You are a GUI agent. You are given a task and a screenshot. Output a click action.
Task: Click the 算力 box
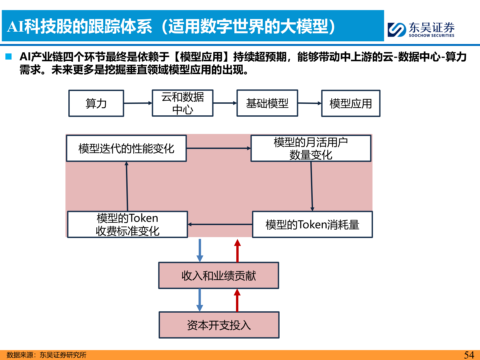coord(96,103)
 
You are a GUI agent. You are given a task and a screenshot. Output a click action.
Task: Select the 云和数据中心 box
coord(182,103)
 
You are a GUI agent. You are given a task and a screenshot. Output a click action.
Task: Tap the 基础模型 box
coord(267,103)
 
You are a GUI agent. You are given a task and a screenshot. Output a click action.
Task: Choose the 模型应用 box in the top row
coord(351,103)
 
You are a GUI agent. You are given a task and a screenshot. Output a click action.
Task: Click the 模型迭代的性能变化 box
coord(126,148)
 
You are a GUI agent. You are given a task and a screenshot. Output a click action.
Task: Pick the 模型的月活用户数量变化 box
coord(311,148)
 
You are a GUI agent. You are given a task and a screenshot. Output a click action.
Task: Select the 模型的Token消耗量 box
coord(312,224)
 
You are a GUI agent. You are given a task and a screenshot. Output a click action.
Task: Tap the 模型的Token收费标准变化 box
coord(127,224)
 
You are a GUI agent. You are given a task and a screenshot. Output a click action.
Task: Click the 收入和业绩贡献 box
coord(219,275)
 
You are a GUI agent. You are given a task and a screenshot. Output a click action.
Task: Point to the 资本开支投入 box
coord(219,325)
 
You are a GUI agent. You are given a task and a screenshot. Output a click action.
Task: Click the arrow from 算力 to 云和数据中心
coord(138,103)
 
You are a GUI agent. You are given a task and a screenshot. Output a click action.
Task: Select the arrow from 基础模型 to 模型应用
coord(309,103)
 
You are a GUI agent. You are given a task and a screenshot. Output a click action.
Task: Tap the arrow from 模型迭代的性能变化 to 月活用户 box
coord(218,148)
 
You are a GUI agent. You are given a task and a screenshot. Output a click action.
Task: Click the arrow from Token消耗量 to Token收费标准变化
coord(220,224)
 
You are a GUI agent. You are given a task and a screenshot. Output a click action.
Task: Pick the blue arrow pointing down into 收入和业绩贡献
coord(200,250)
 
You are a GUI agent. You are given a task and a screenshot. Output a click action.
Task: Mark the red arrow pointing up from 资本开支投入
coord(237,300)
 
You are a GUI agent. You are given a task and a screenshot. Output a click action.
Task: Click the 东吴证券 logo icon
coord(397,30)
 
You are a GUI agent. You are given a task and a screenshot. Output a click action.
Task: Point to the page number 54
coord(469,355)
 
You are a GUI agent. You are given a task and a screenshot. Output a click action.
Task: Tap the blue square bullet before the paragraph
coord(9,57)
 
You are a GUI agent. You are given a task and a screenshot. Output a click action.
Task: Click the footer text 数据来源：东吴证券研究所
coord(46,355)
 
